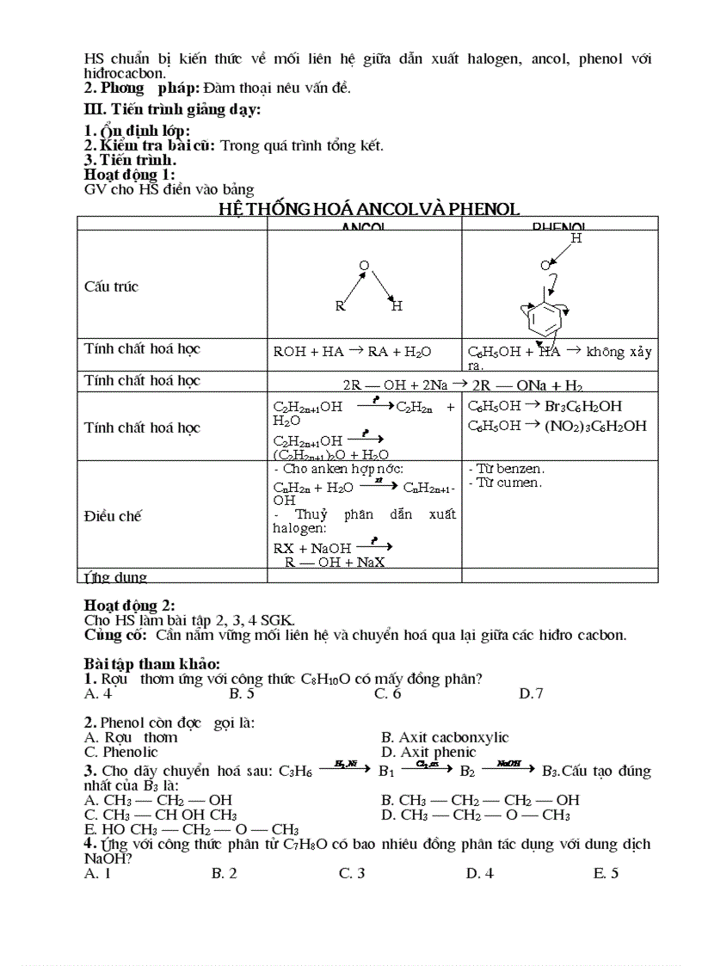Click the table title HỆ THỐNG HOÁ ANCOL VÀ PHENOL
point(368,209)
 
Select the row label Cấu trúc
point(112,286)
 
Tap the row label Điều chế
point(113,516)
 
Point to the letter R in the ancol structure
point(341,306)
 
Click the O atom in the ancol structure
point(364,266)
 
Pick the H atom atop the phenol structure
point(576,238)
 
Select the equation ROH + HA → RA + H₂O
point(352,351)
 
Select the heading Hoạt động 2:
point(129,606)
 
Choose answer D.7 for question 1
point(531,693)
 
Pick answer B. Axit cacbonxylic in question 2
point(445,737)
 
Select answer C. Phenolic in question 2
point(121,752)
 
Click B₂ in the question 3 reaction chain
point(467,772)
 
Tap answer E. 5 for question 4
point(606,873)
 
